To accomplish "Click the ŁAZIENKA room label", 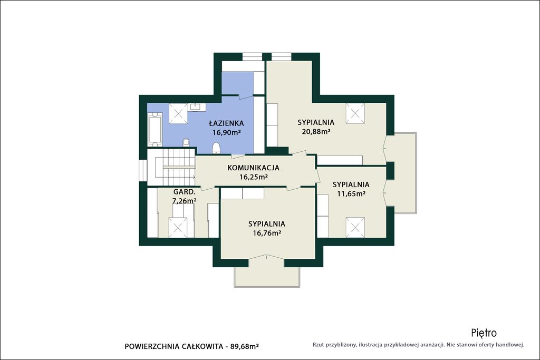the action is coord(226,123).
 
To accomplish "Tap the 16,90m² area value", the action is coord(226,132).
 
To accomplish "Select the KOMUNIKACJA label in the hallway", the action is coord(253,168).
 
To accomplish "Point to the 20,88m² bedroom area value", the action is coord(316,131).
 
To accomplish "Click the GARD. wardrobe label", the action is coord(184,192).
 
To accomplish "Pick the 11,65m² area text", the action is coord(351,193).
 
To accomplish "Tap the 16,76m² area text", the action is coord(267,233).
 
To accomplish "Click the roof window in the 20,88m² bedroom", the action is coord(355,113).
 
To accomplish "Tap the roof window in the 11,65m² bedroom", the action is coord(355,227).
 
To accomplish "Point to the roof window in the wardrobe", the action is coord(178,227).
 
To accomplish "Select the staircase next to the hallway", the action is coord(175,167).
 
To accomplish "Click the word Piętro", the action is coord(484,333).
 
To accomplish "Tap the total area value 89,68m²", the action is coord(244,346).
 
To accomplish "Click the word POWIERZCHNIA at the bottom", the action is coord(151,347).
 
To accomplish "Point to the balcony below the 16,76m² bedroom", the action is coord(267,274).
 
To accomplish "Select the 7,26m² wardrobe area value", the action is coord(184,201).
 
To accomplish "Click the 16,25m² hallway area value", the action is coord(254,177).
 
